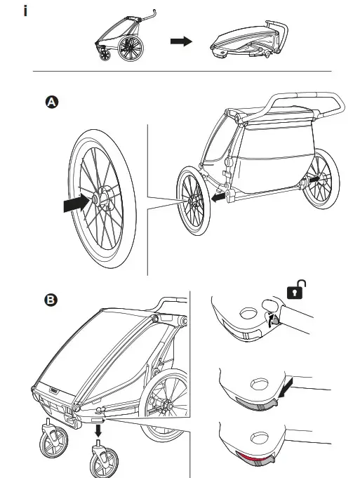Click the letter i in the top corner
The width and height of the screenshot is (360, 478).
[26, 13]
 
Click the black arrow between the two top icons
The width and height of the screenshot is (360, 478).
[181, 42]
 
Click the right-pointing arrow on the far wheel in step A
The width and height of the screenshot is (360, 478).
[316, 180]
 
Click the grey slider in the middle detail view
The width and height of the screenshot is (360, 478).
[255, 404]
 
